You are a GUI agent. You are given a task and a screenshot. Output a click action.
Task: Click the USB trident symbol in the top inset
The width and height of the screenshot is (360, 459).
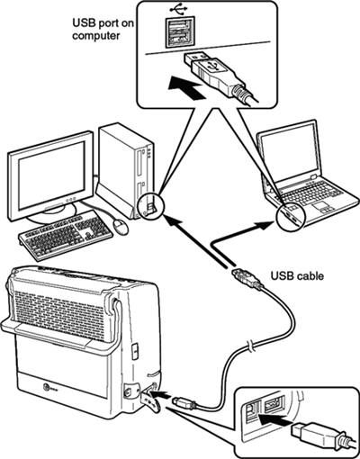click(172, 13)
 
